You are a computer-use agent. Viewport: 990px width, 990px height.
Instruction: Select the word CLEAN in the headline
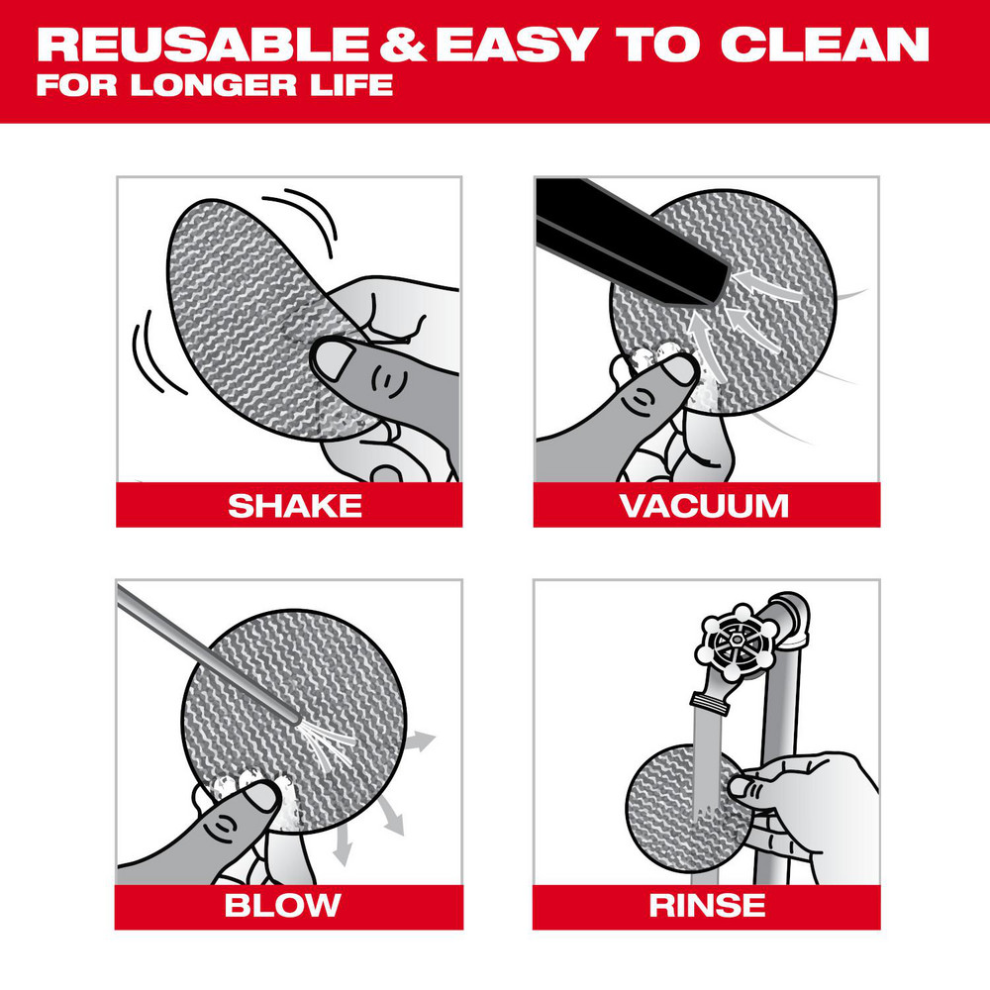coord(826,45)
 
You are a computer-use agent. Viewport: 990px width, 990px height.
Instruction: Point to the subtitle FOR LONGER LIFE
coord(214,83)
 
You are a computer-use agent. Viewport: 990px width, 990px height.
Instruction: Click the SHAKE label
coord(294,506)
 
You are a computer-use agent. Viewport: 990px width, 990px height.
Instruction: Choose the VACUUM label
coord(704,506)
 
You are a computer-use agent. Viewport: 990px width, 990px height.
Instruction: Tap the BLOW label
coord(282,904)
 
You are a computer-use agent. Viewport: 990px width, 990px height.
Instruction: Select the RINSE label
coord(706,904)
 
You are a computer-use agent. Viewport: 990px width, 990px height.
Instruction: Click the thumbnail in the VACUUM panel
coord(679,370)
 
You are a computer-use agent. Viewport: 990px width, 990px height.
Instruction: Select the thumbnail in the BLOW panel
coord(263,794)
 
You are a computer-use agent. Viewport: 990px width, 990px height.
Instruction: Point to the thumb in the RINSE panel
coord(744,787)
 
